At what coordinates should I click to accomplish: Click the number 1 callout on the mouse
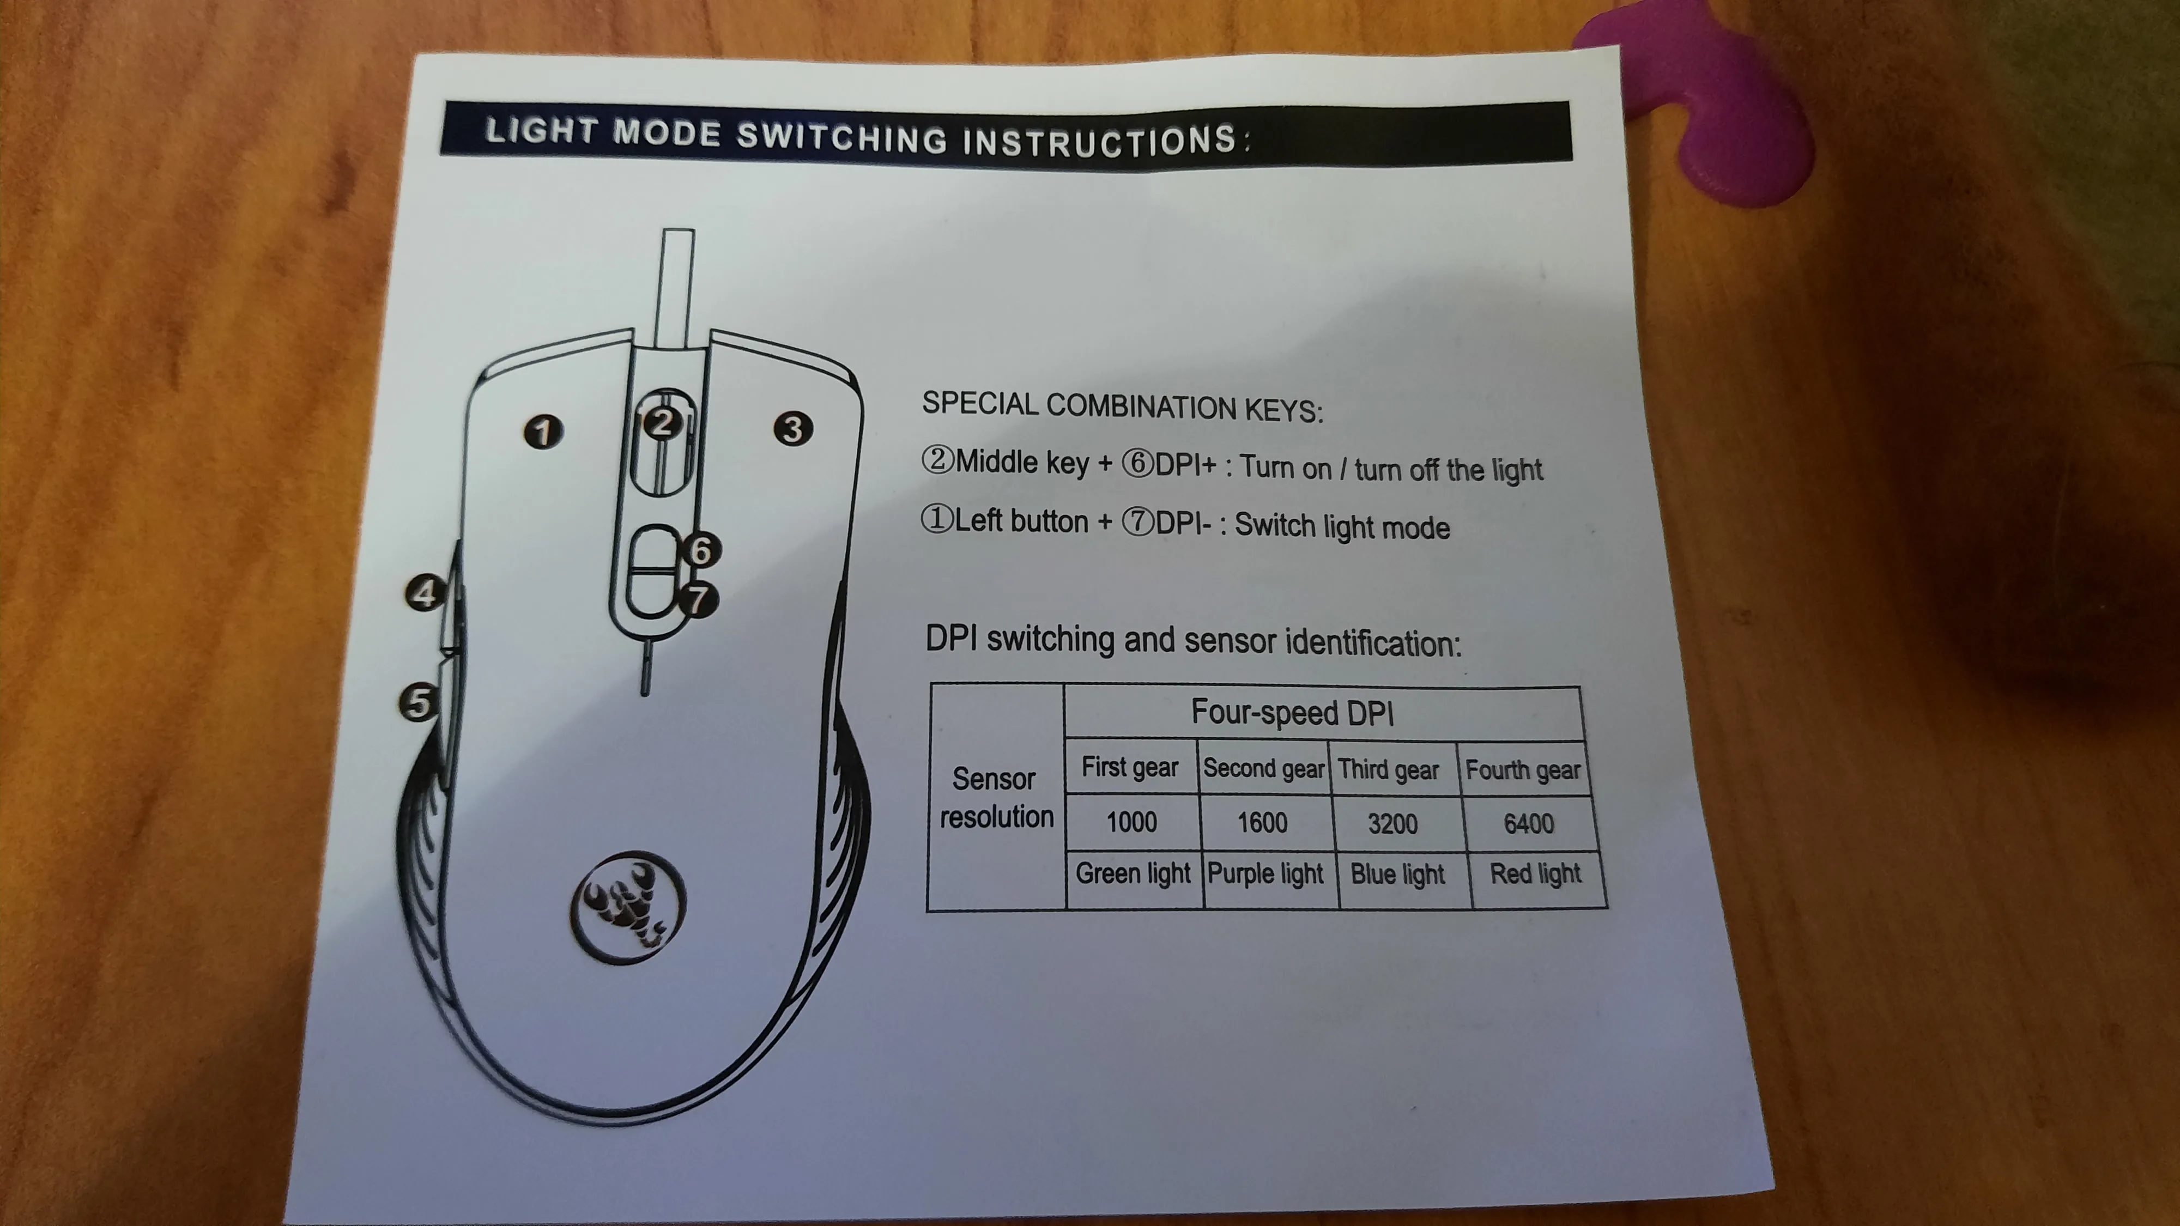[543, 432]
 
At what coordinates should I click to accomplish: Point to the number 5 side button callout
[418, 702]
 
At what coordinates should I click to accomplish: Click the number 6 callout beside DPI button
[701, 551]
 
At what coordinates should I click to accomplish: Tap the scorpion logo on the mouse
[628, 905]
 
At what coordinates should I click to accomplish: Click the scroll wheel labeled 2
[663, 440]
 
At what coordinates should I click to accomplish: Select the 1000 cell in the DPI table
[1131, 822]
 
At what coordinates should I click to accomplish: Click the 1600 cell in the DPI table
[1263, 822]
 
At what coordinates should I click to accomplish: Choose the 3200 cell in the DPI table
[1393, 823]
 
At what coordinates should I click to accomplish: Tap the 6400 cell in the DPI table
[1528, 823]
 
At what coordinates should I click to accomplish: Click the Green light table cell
[1133, 873]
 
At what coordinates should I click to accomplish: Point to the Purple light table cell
[1265, 874]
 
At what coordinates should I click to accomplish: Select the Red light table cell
[1535, 874]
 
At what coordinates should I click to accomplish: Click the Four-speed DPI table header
[1292, 712]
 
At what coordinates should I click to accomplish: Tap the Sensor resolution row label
[996, 797]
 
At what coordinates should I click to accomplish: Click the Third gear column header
[1389, 769]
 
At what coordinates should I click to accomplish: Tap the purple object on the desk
[1710, 110]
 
